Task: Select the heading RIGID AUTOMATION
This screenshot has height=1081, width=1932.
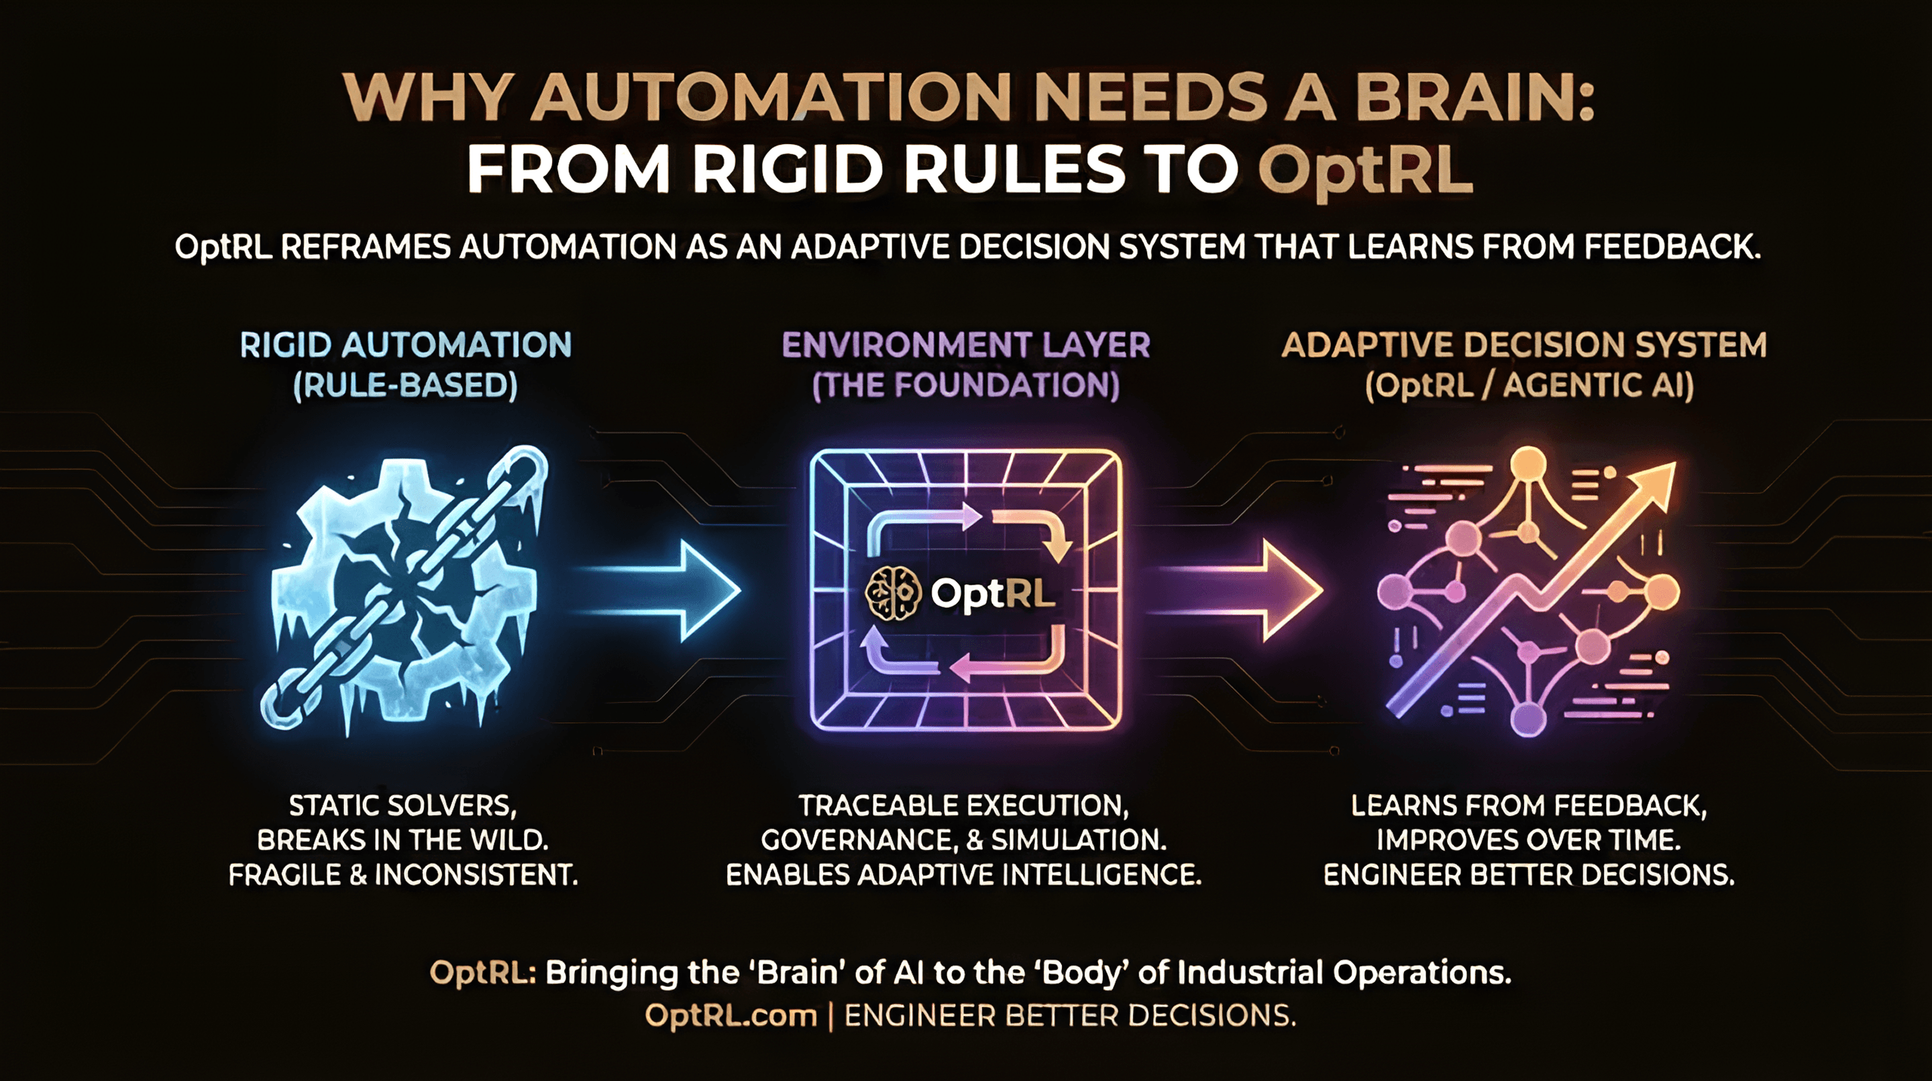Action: click(x=406, y=345)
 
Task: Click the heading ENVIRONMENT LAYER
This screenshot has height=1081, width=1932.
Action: click(x=966, y=345)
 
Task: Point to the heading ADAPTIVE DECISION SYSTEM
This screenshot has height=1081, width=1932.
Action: click(x=1524, y=345)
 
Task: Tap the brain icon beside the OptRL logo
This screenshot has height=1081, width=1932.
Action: click(x=892, y=593)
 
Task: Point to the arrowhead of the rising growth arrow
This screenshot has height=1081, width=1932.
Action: click(x=1653, y=483)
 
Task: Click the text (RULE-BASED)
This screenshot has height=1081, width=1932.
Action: click(x=406, y=386)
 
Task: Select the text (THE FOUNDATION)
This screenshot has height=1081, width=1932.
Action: click(x=966, y=386)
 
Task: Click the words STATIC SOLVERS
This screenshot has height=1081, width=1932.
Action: click(x=402, y=806)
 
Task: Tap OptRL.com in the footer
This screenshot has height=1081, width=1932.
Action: click(x=731, y=1016)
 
